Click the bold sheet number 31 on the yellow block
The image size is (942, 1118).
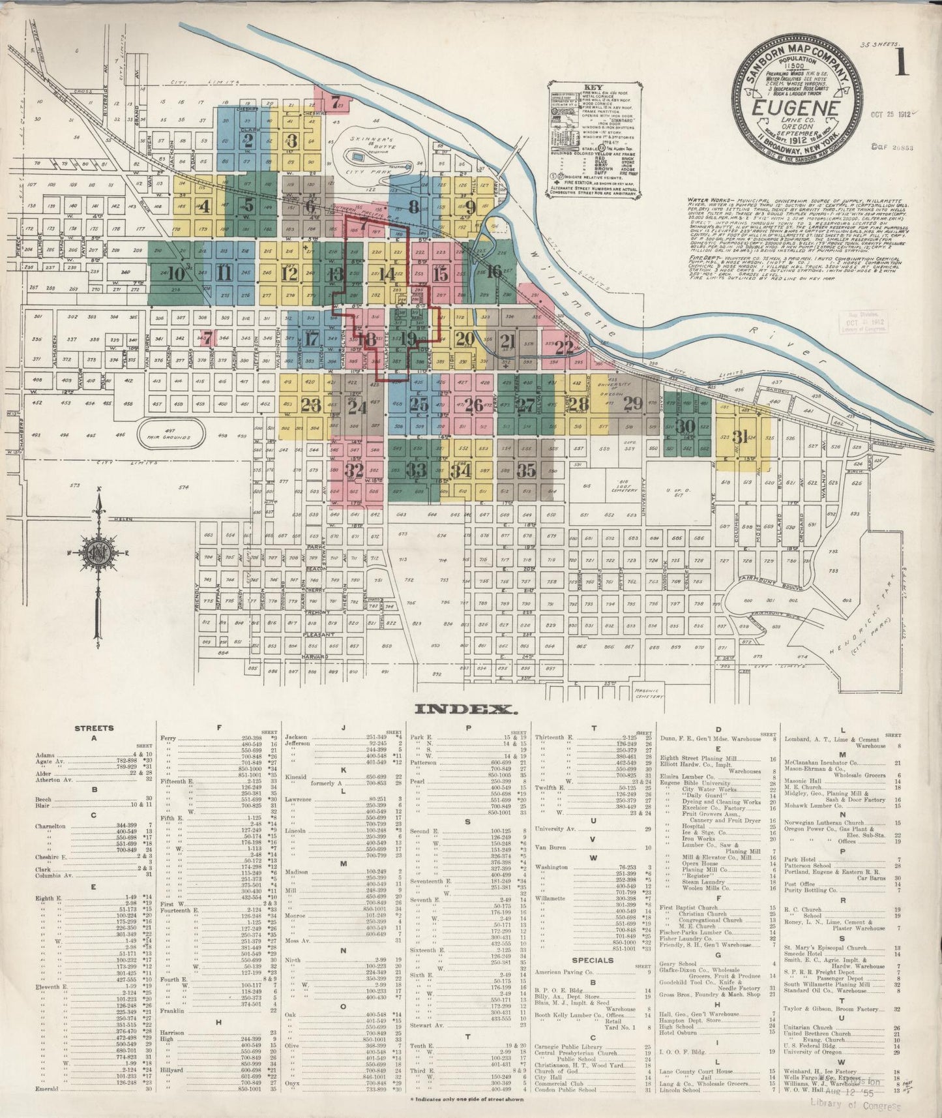[740, 436]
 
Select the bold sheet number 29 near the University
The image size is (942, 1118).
[632, 403]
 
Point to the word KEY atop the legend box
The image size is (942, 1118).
[593, 87]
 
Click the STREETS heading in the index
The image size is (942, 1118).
[94, 729]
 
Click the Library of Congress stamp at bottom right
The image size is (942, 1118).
[855, 1104]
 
